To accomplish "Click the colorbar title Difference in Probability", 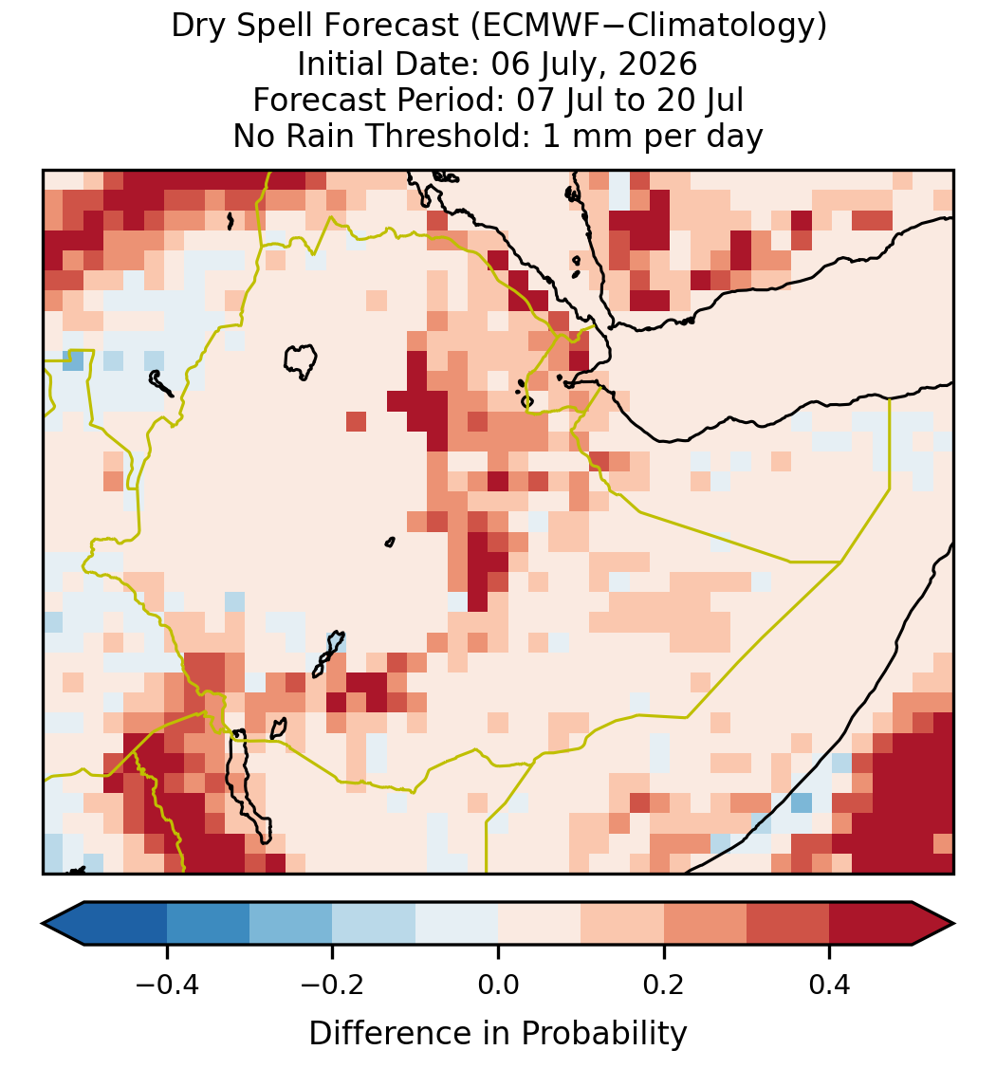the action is click(498, 1034).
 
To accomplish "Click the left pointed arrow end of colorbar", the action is click(63, 924).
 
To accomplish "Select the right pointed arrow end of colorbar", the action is click(933, 924).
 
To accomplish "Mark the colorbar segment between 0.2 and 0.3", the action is click(706, 924).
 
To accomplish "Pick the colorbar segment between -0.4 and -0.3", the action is click(208, 924).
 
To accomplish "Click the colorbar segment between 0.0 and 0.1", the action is click(540, 924).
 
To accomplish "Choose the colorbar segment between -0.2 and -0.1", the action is click(374, 924).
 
